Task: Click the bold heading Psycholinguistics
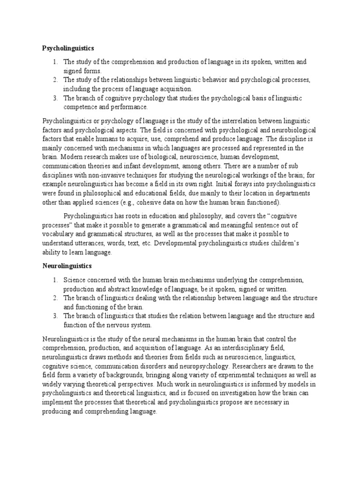pyautogui.click(x=68, y=48)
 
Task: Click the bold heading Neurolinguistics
pyautogui.click(x=67, y=266)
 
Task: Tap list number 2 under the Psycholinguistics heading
pyautogui.click(x=55, y=80)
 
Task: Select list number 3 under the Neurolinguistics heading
pyautogui.click(x=55, y=316)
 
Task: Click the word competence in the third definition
pyautogui.click(x=82, y=106)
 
